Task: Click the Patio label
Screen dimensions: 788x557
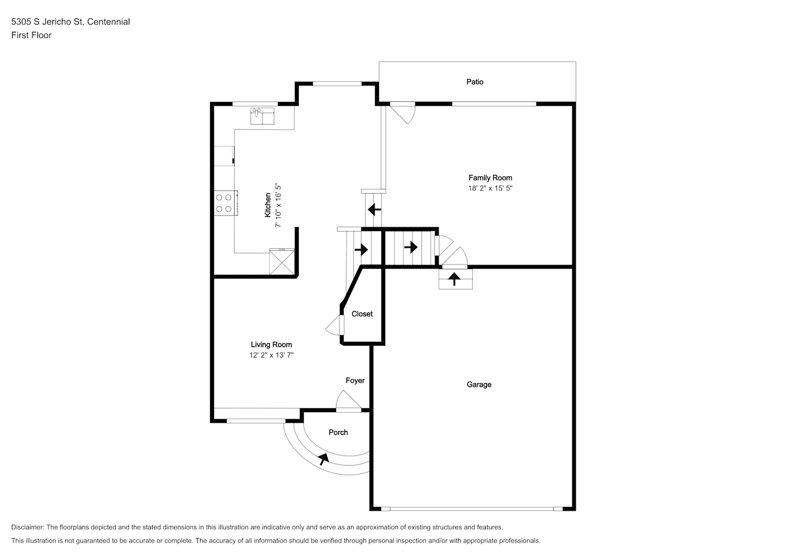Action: [x=475, y=82]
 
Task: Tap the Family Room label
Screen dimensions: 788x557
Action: [x=490, y=178]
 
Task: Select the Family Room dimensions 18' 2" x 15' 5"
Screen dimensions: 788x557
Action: [x=490, y=188]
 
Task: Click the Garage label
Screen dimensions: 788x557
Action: [x=479, y=385]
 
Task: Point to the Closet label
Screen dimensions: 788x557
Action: [x=362, y=314]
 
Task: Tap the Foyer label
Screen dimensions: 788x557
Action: [x=355, y=380]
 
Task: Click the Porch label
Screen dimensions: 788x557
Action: [x=338, y=432]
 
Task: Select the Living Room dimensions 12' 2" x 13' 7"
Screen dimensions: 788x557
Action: [x=271, y=355]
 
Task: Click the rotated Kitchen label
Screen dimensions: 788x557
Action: [x=267, y=205]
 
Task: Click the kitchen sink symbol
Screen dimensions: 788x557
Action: [x=262, y=116]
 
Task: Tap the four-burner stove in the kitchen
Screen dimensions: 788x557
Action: [x=226, y=203]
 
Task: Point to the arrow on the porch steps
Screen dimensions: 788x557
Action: [x=323, y=459]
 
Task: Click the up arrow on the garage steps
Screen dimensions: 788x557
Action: [x=455, y=279]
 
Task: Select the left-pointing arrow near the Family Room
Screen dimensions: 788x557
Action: [x=374, y=210]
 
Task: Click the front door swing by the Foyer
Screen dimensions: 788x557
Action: [x=348, y=401]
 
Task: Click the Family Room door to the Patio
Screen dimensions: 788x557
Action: [x=403, y=113]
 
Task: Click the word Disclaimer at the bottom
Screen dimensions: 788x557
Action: [x=27, y=527]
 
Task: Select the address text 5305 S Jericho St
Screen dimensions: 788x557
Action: [x=47, y=22]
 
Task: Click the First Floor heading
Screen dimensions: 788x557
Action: [x=31, y=35]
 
